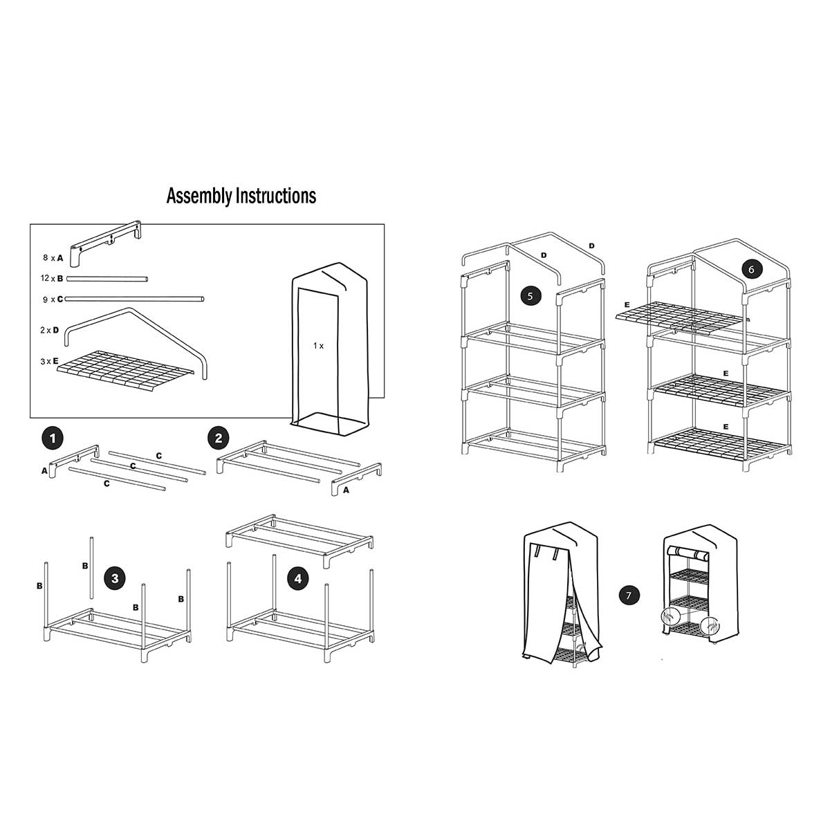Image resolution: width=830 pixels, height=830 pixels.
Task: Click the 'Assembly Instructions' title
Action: (241, 196)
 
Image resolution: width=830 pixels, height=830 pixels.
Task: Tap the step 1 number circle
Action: (53, 439)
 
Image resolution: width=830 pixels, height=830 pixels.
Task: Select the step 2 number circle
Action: (218, 438)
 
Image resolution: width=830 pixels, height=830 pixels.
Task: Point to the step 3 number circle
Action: (115, 578)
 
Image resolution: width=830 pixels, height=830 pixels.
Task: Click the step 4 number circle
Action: (298, 578)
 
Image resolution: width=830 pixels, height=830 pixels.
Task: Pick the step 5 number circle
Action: (531, 296)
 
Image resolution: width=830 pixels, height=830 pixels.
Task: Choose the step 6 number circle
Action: (752, 269)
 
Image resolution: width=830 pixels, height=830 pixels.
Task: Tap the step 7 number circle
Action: (629, 596)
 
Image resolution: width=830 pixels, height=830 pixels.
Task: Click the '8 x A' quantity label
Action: (53, 258)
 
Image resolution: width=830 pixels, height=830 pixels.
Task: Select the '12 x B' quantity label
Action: (52, 278)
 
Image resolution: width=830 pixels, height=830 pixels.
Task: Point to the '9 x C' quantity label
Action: (53, 299)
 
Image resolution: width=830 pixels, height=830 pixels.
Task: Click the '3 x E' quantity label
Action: (50, 361)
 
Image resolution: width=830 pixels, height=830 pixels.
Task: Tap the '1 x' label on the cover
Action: (318, 345)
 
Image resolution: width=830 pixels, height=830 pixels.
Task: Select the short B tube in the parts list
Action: (107, 279)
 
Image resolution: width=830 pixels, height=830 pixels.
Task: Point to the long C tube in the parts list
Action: (134, 298)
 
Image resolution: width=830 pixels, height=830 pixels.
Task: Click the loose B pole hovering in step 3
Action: (91, 568)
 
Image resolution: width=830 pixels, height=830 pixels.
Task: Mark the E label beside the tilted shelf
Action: (627, 305)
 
